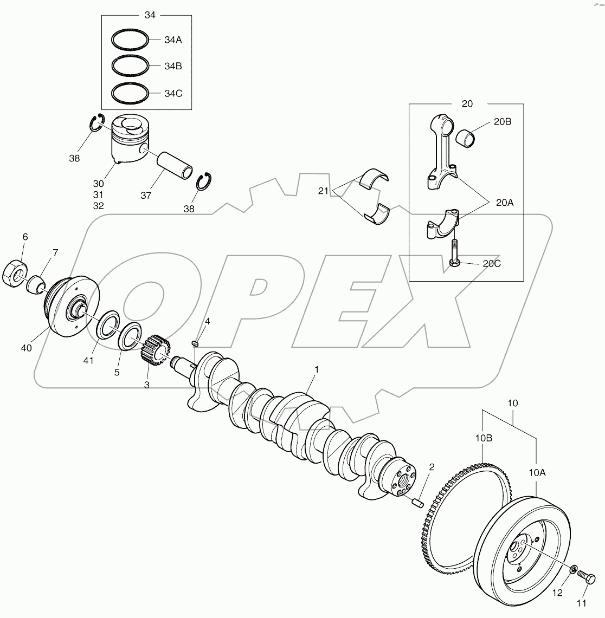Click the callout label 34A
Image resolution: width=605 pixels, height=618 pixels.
[173, 40]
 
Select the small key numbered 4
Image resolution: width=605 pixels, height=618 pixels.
[196, 342]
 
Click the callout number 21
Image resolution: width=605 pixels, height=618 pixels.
[324, 191]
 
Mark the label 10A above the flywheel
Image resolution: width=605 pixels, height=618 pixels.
[536, 473]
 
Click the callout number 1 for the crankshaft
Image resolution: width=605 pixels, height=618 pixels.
[317, 369]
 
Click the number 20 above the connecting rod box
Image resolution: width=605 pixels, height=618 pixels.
[467, 103]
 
